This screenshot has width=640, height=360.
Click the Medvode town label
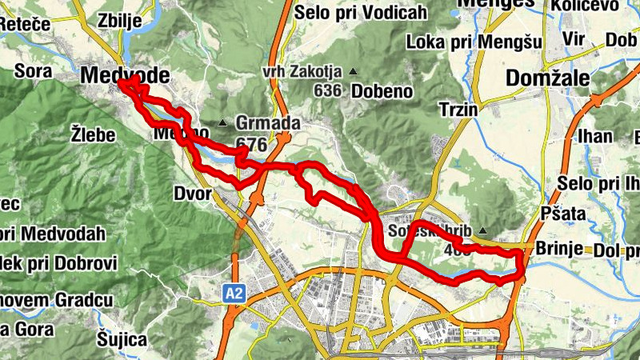(126, 76)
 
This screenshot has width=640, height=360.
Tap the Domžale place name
(548, 78)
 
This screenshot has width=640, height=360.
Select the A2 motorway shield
(234, 294)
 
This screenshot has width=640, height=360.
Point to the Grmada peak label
(257, 124)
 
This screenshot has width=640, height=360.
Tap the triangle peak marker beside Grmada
(222, 122)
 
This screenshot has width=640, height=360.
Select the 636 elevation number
(328, 91)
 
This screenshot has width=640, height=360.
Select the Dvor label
(192, 194)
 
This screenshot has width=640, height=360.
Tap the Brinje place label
(559, 247)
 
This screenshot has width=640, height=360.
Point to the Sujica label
(123, 339)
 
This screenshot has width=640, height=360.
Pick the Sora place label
(33, 71)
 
